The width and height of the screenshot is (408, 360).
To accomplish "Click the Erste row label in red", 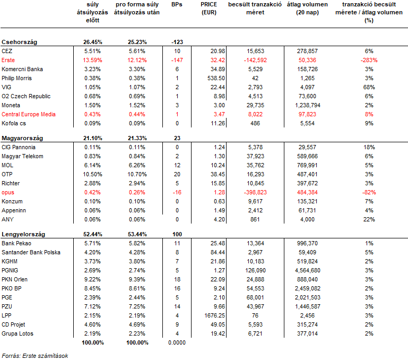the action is click(x=8, y=60).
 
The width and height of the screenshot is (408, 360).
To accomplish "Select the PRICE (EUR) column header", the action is click(x=209, y=8).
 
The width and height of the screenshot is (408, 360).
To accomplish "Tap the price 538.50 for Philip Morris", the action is click(x=216, y=78).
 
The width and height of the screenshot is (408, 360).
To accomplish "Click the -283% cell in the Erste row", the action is click(x=369, y=60).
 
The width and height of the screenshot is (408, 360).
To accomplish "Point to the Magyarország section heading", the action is click(x=22, y=138).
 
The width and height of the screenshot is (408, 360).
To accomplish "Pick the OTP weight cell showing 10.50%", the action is click(x=92, y=174).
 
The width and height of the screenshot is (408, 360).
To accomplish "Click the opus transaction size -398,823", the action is click(x=255, y=192).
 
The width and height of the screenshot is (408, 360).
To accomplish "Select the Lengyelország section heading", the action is click(x=23, y=234).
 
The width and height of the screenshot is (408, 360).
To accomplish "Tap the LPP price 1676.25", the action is click(x=215, y=315).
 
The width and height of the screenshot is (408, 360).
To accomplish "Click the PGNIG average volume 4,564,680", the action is click(x=308, y=270).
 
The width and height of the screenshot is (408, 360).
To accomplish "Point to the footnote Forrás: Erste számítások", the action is click(x=35, y=356).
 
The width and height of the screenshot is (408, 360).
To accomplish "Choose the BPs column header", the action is click(x=177, y=4).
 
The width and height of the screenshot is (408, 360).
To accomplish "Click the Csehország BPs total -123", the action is click(x=177, y=42).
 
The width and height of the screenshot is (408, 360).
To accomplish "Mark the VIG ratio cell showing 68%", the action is click(x=369, y=87).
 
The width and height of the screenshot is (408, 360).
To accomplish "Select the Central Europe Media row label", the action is click(x=28, y=114).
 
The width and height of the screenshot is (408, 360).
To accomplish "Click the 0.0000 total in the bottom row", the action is click(x=177, y=342).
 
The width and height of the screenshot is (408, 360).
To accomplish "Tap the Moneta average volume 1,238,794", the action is click(x=308, y=105).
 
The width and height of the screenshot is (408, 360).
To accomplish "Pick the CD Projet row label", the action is click(x=13, y=324).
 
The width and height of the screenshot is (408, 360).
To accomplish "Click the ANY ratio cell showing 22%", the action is click(x=369, y=219).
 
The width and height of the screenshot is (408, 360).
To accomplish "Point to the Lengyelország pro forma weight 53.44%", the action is click(x=137, y=234).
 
